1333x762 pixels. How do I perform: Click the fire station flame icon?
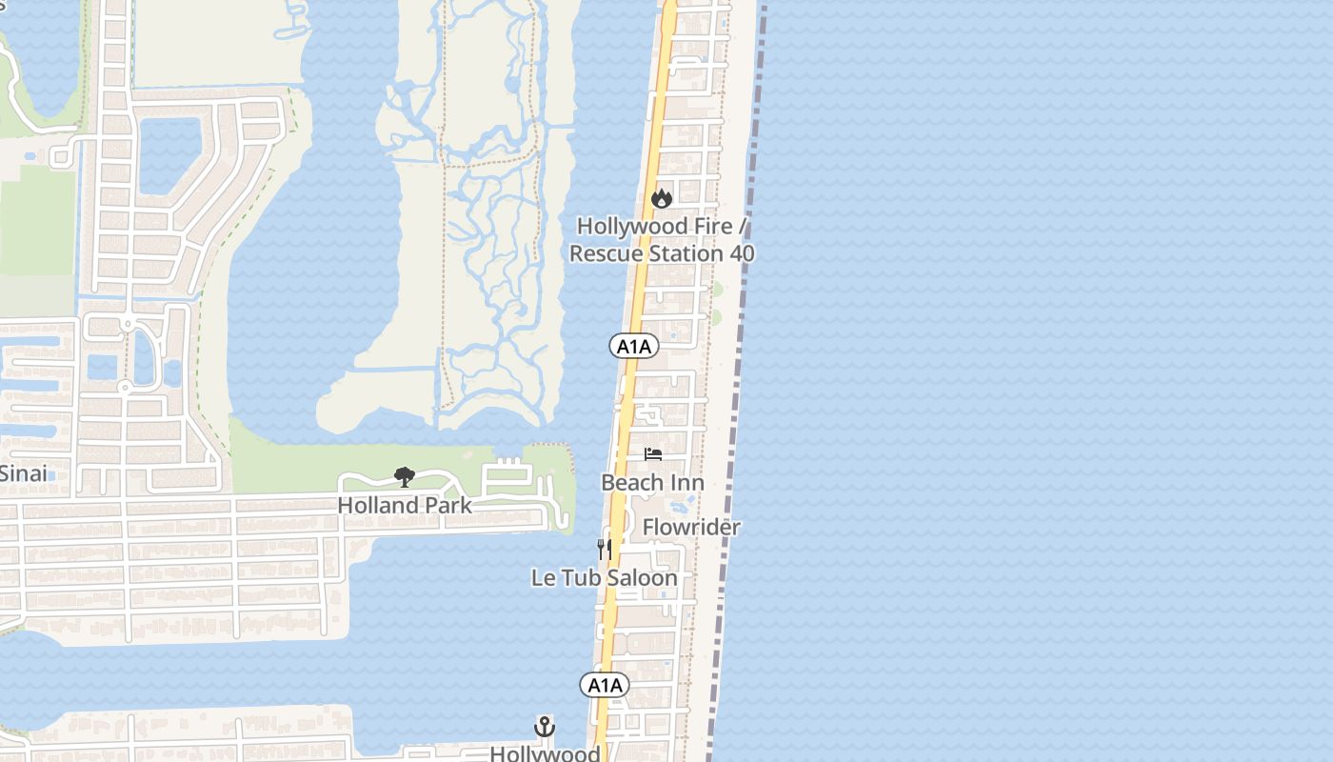click(661, 198)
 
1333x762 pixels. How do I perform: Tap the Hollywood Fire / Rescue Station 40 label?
click(662, 240)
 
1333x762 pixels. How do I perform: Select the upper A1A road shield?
click(634, 346)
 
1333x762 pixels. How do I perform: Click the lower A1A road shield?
click(605, 685)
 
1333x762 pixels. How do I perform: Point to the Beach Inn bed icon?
click(653, 454)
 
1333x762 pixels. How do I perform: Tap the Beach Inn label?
click(652, 483)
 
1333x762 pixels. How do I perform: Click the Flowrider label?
click(691, 528)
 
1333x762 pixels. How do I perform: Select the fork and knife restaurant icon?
click(605, 549)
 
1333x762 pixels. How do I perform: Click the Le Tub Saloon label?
click(605, 578)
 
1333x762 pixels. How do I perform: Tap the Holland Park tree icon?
click(405, 477)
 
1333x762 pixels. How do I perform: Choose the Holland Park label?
click(405, 506)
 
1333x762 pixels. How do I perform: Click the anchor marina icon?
click(544, 728)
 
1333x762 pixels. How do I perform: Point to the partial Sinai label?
click(23, 473)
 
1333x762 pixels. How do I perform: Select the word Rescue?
click(606, 253)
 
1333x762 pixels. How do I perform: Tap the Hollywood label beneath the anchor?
click(545, 753)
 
